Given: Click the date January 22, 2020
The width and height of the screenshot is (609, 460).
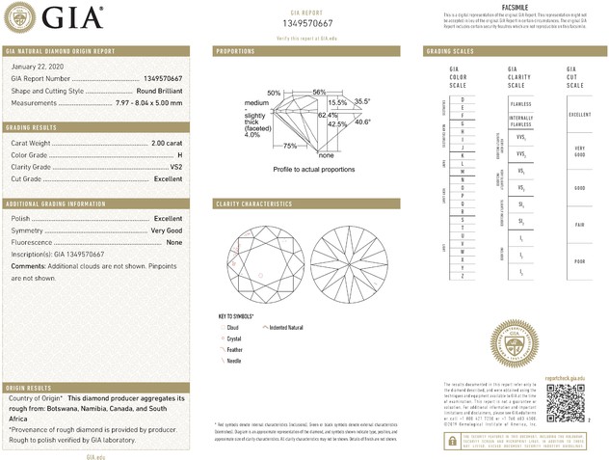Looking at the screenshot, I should pyautogui.click(x=36, y=66).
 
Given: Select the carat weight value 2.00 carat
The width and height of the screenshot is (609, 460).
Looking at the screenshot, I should pyautogui.click(x=166, y=143).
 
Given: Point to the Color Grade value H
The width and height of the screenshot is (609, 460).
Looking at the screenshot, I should pyautogui.click(x=178, y=154).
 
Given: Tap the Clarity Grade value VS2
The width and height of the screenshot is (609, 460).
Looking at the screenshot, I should pyautogui.click(x=173, y=167).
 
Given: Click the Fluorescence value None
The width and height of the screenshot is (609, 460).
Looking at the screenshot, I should pyautogui.click(x=173, y=242).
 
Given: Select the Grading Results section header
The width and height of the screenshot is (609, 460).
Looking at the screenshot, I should pyautogui.click(x=31, y=127).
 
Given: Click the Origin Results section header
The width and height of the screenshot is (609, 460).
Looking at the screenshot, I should pyautogui.click(x=29, y=387).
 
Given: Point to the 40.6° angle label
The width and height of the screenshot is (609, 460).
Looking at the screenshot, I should pyautogui.click(x=362, y=122).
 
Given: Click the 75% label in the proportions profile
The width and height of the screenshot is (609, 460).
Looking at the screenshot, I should pyautogui.click(x=290, y=146).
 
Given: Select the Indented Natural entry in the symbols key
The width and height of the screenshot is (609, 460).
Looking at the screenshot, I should pyautogui.click(x=285, y=327).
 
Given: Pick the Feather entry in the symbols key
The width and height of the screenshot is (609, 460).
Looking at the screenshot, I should pyautogui.click(x=234, y=349).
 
